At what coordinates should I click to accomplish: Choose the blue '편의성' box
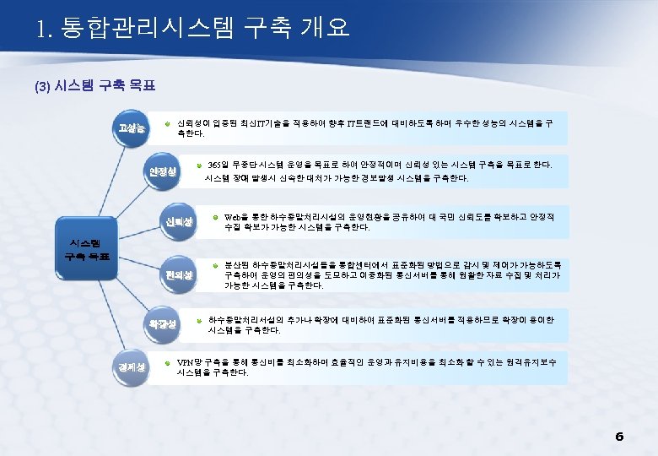pos(180,275)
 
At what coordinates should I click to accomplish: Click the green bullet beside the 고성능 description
pos(168,123)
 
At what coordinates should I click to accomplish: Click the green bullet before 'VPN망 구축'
pos(168,361)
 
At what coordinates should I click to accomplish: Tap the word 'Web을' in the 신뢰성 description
pos(235,216)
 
